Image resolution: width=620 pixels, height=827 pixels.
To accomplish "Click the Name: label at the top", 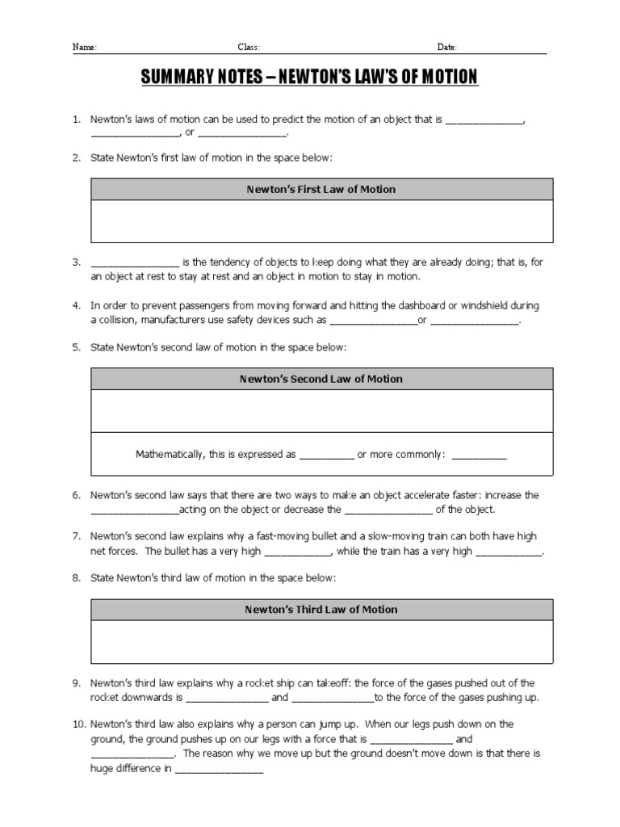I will point(85,48).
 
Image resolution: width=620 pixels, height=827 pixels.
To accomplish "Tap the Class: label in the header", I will point(248,48).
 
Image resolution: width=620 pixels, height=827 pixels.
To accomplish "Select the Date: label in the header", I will point(447,48).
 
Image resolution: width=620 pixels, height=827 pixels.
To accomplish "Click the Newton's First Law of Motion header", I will point(321,189).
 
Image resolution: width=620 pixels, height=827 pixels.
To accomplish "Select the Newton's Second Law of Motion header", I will point(321,378).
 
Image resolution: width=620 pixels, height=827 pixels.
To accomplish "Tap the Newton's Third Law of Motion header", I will point(321,609).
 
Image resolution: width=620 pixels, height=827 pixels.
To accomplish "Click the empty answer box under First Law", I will point(321,220).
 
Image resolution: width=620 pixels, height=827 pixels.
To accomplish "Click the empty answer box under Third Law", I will point(321,641).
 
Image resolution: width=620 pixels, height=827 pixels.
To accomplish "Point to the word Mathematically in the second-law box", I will point(169,455).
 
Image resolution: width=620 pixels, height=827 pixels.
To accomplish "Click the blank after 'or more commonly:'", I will point(479,455).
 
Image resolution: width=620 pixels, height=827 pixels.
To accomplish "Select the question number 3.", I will point(76,262).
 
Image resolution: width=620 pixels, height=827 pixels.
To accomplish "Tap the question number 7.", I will point(76,536).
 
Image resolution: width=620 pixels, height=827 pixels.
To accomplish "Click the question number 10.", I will point(77,724).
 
